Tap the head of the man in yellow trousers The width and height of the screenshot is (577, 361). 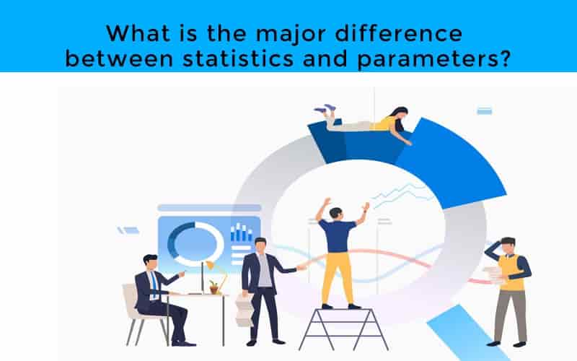(334, 213)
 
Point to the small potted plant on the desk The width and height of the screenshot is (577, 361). (214, 287)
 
